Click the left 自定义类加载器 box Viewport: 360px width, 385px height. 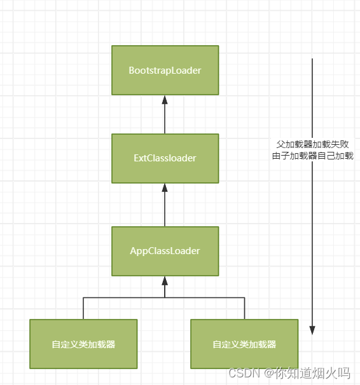tap(83, 344)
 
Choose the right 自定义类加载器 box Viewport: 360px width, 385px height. tap(244, 344)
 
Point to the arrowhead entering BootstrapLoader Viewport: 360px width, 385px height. tap(165, 100)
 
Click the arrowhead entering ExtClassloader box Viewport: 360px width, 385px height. tap(165, 188)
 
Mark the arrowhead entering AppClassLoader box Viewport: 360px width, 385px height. tap(165, 280)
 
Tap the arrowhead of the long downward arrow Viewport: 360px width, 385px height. tap(312, 330)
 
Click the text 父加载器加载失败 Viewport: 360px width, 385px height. tap(312, 144)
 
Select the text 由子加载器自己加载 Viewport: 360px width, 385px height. tap(312, 156)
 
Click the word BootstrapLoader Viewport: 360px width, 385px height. tap(165, 71)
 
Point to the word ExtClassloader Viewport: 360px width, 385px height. tap(165, 158)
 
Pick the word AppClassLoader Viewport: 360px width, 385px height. tap(165, 251)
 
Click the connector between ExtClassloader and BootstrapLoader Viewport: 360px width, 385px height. tap(165, 118)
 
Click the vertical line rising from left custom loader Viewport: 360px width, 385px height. tap(83, 308)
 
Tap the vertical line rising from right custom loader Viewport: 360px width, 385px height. tap(244, 308)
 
